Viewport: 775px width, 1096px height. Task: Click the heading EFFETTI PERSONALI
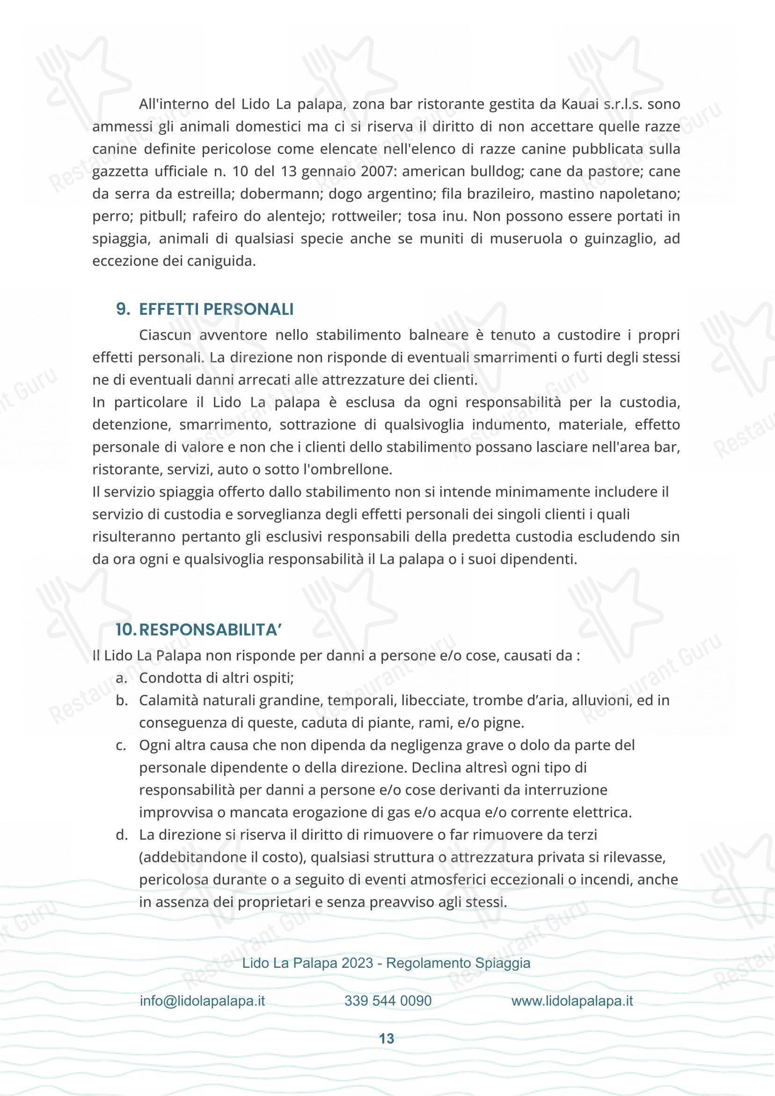pyautogui.click(x=216, y=310)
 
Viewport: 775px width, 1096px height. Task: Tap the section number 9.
pyautogui.click(x=123, y=310)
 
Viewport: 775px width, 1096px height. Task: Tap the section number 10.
pyautogui.click(x=126, y=630)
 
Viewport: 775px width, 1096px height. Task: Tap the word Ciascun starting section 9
pyautogui.click(x=166, y=335)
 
